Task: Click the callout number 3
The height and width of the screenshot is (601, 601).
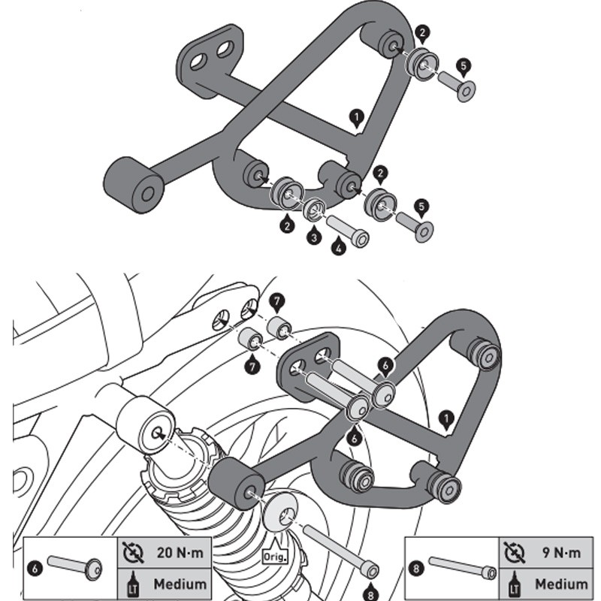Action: pos(313,237)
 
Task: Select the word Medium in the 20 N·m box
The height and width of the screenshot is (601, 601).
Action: pos(180,583)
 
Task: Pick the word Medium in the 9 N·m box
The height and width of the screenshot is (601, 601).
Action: pos(561,583)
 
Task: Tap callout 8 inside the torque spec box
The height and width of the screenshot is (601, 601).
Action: pos(418,569)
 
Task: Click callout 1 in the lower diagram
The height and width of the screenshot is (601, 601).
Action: pos(448,418)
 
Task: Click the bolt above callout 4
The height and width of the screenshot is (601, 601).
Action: pos(346,230)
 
